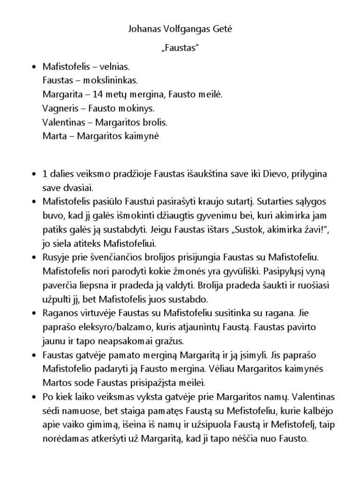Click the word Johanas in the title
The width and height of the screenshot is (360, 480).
[143, 29]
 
